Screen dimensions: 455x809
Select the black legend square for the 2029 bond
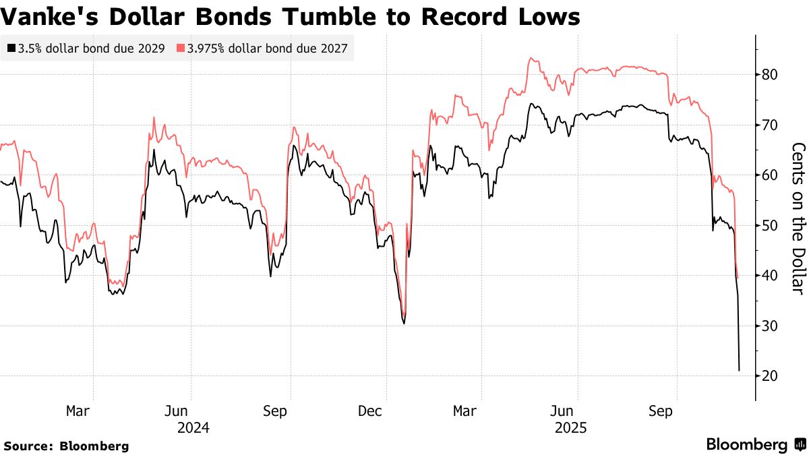[11, 49]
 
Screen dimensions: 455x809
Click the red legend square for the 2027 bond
[181, 49]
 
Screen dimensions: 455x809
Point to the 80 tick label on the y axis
[770, 75]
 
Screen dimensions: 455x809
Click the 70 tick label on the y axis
[770, 125]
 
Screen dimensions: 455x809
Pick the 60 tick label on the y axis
[770, 175]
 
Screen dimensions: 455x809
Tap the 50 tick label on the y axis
[770, 226]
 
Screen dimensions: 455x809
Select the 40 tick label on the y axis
[770, 276]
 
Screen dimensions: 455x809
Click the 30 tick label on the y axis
[770, 326]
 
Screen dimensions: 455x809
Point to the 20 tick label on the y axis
[770, 376]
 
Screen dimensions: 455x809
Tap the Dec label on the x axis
[371, 411]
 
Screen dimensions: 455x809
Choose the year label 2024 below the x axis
[193, 428]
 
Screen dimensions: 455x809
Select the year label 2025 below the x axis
[570, 428]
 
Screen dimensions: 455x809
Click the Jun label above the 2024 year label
[176, 411]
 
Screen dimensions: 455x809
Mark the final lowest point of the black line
[740, 370]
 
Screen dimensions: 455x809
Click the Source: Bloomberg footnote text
[66, 446]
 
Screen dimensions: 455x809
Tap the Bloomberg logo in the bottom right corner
[754, 445]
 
